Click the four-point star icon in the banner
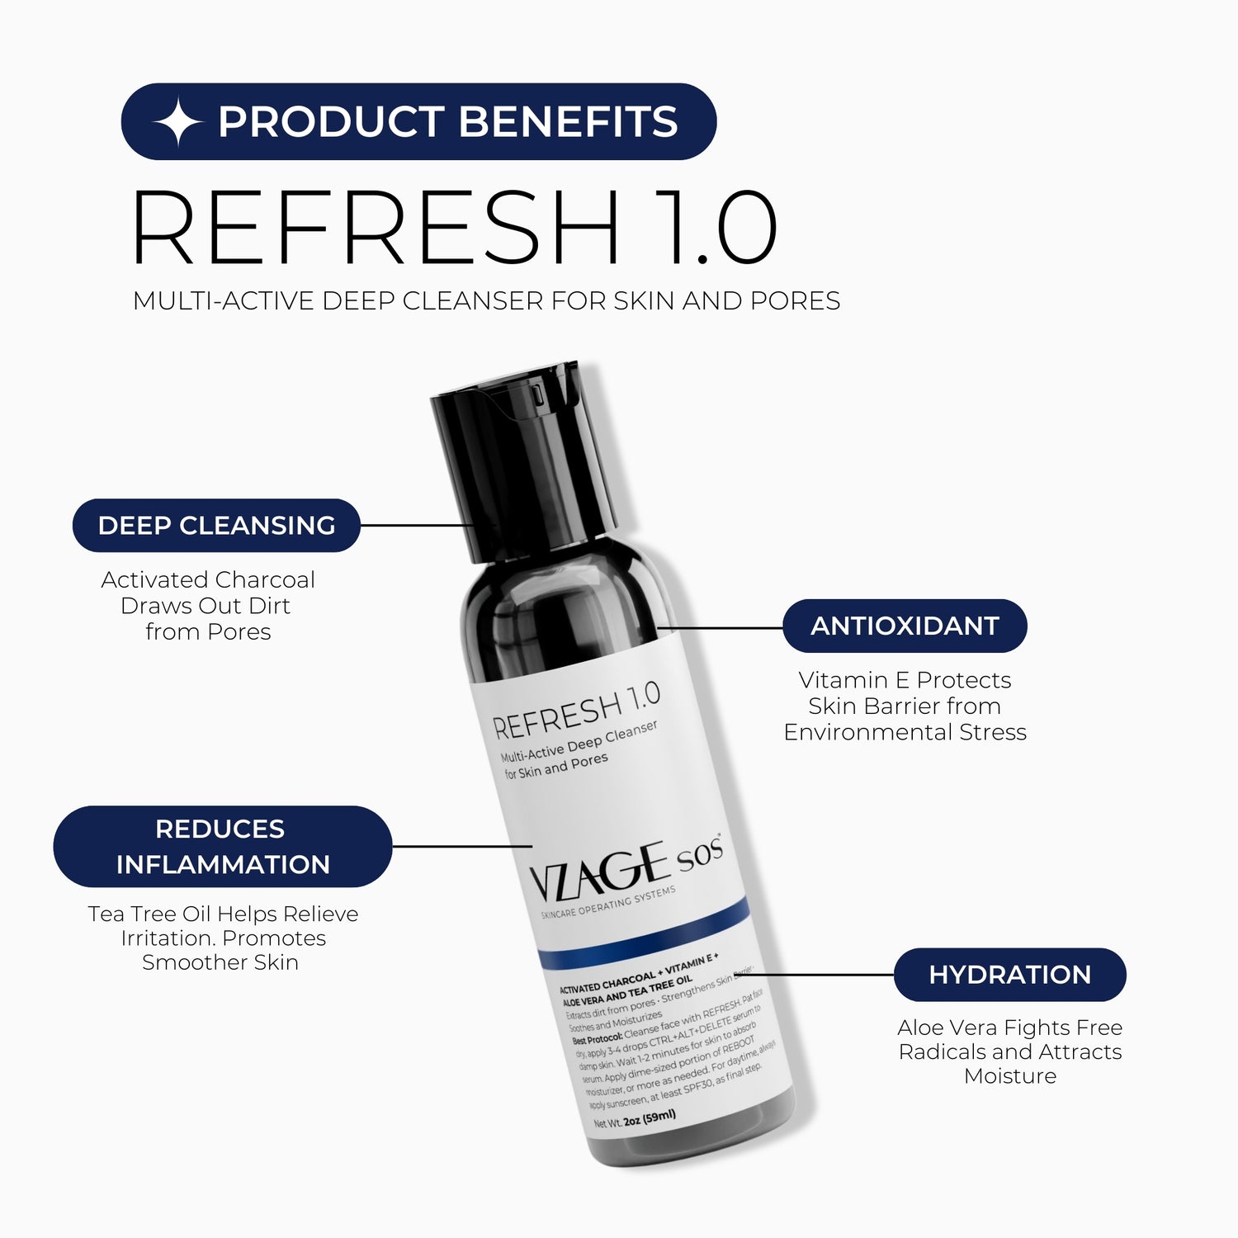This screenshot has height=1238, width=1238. (177, 122)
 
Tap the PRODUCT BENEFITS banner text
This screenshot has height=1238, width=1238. (447, 122)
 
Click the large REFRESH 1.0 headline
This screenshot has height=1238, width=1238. (454, 227)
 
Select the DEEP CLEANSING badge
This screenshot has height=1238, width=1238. (216, 526)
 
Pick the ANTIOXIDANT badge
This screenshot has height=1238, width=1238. (905, 626)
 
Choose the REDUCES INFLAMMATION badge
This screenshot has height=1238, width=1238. (223, 847)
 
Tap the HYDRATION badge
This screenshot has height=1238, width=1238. (1009, 975)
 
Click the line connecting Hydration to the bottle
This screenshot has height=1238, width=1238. (817, 975)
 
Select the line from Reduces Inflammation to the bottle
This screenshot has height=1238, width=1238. (462, 846)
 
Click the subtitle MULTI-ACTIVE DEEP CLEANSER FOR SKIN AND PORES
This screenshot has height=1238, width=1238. (486, 301)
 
